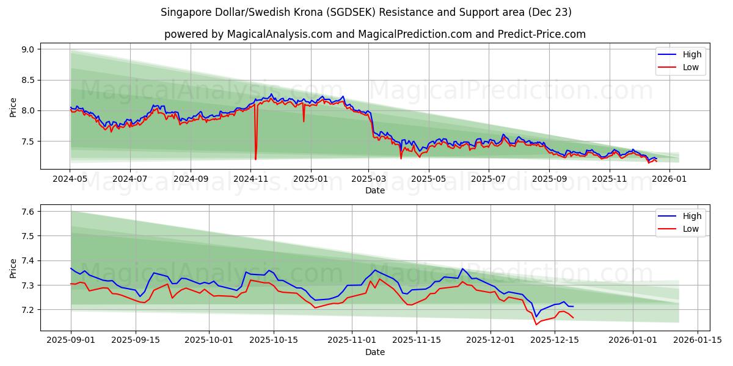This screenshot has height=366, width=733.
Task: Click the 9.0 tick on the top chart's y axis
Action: (x=28, y=49)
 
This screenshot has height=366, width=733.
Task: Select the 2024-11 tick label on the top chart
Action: (x=250, y=179)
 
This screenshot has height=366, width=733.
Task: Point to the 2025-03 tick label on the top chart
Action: (x=369, y=179)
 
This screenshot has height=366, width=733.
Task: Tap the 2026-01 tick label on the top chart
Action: (x=670, y=179)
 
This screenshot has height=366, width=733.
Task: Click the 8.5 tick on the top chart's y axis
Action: (x=28, y=80)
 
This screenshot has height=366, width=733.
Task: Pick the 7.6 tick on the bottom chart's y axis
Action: (x=28, y=212)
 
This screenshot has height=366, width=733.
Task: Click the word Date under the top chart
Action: (x=374, y=190)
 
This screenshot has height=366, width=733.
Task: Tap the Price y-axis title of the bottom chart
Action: (x=13, y=268)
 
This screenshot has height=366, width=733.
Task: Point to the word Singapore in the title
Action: (x=183, y=12)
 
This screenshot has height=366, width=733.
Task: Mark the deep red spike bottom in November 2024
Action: (x=255, y=159)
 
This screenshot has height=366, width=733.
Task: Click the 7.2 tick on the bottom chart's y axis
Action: (x=28, y=310)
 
